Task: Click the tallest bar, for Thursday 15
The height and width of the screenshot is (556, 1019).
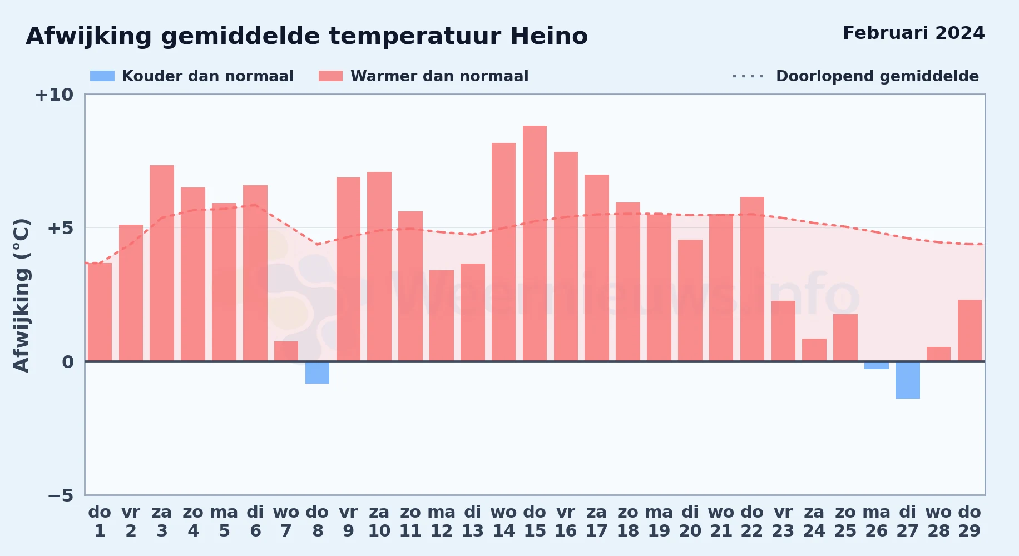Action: coord(535,244)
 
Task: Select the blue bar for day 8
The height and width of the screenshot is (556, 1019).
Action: coord(317,373)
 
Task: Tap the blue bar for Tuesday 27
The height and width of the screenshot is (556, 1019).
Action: coord(908,380)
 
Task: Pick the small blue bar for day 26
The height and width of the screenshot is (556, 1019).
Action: coord(877,365)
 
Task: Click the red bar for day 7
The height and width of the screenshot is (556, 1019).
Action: coord(286,351)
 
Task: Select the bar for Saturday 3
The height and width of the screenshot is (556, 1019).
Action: coord(162,263)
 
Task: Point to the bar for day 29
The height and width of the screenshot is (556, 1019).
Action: coord(969,330)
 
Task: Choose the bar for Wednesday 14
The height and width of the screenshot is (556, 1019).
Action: coord(503,252)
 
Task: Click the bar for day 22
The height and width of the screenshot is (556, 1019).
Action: coord(752,279)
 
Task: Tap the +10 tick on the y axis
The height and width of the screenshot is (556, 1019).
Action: coord(54,95)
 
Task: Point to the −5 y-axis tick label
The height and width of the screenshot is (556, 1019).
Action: coord(60,495)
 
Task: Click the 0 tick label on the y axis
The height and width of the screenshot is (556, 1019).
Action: coord(68,362)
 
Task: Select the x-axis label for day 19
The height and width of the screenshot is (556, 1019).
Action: coord(659,522)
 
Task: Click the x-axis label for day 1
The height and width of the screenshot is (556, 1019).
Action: coord(100,522)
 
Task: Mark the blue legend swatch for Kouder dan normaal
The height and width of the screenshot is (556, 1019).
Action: coord(102,76)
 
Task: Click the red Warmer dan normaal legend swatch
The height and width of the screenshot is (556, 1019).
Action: coord(330,76)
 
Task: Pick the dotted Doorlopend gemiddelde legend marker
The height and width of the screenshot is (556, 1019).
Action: coord(748,76)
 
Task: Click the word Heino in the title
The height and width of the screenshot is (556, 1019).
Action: coord(549,36)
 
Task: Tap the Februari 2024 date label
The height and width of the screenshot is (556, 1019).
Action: coord(914,33)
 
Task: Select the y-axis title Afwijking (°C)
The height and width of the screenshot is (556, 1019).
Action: coord(21,295)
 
